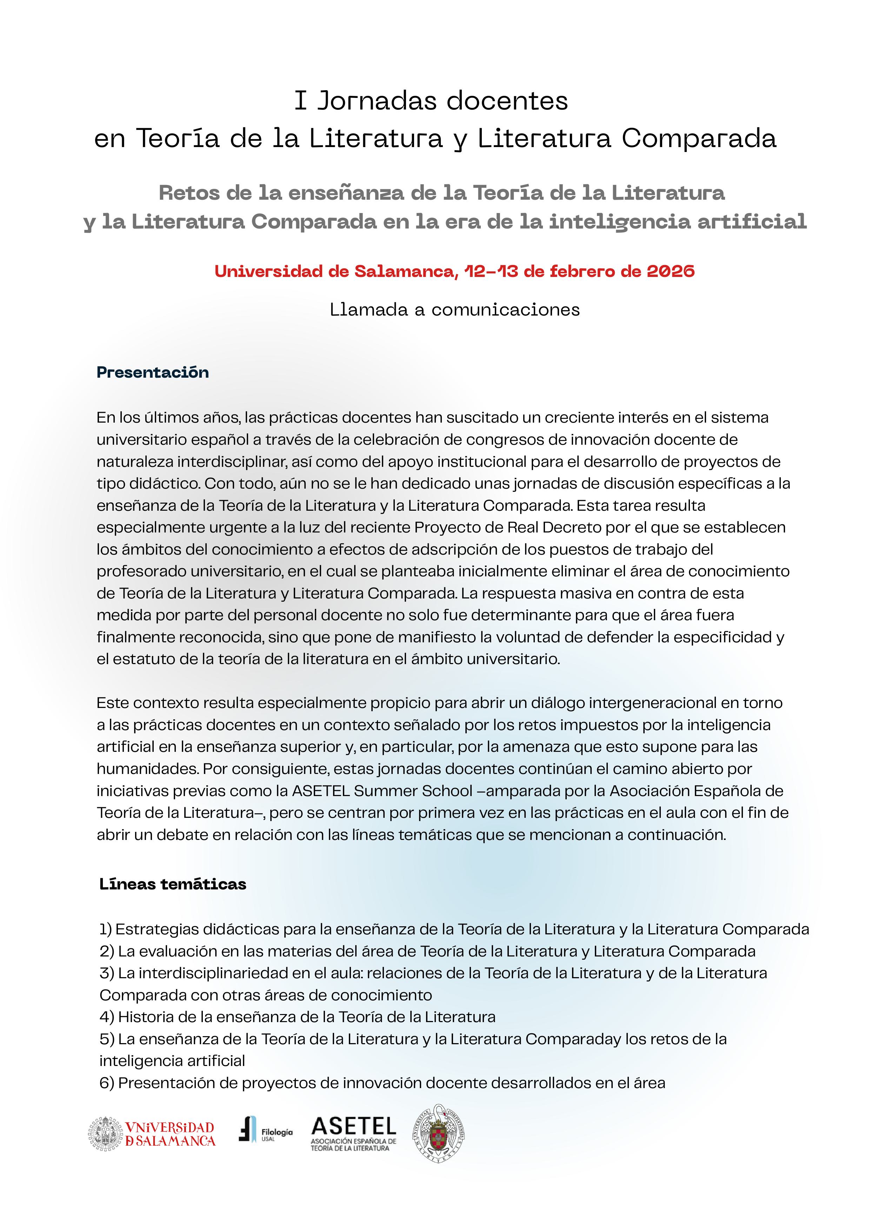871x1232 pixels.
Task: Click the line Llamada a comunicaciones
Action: coord(455,310)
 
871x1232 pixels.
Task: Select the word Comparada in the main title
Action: coord(699,139)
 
